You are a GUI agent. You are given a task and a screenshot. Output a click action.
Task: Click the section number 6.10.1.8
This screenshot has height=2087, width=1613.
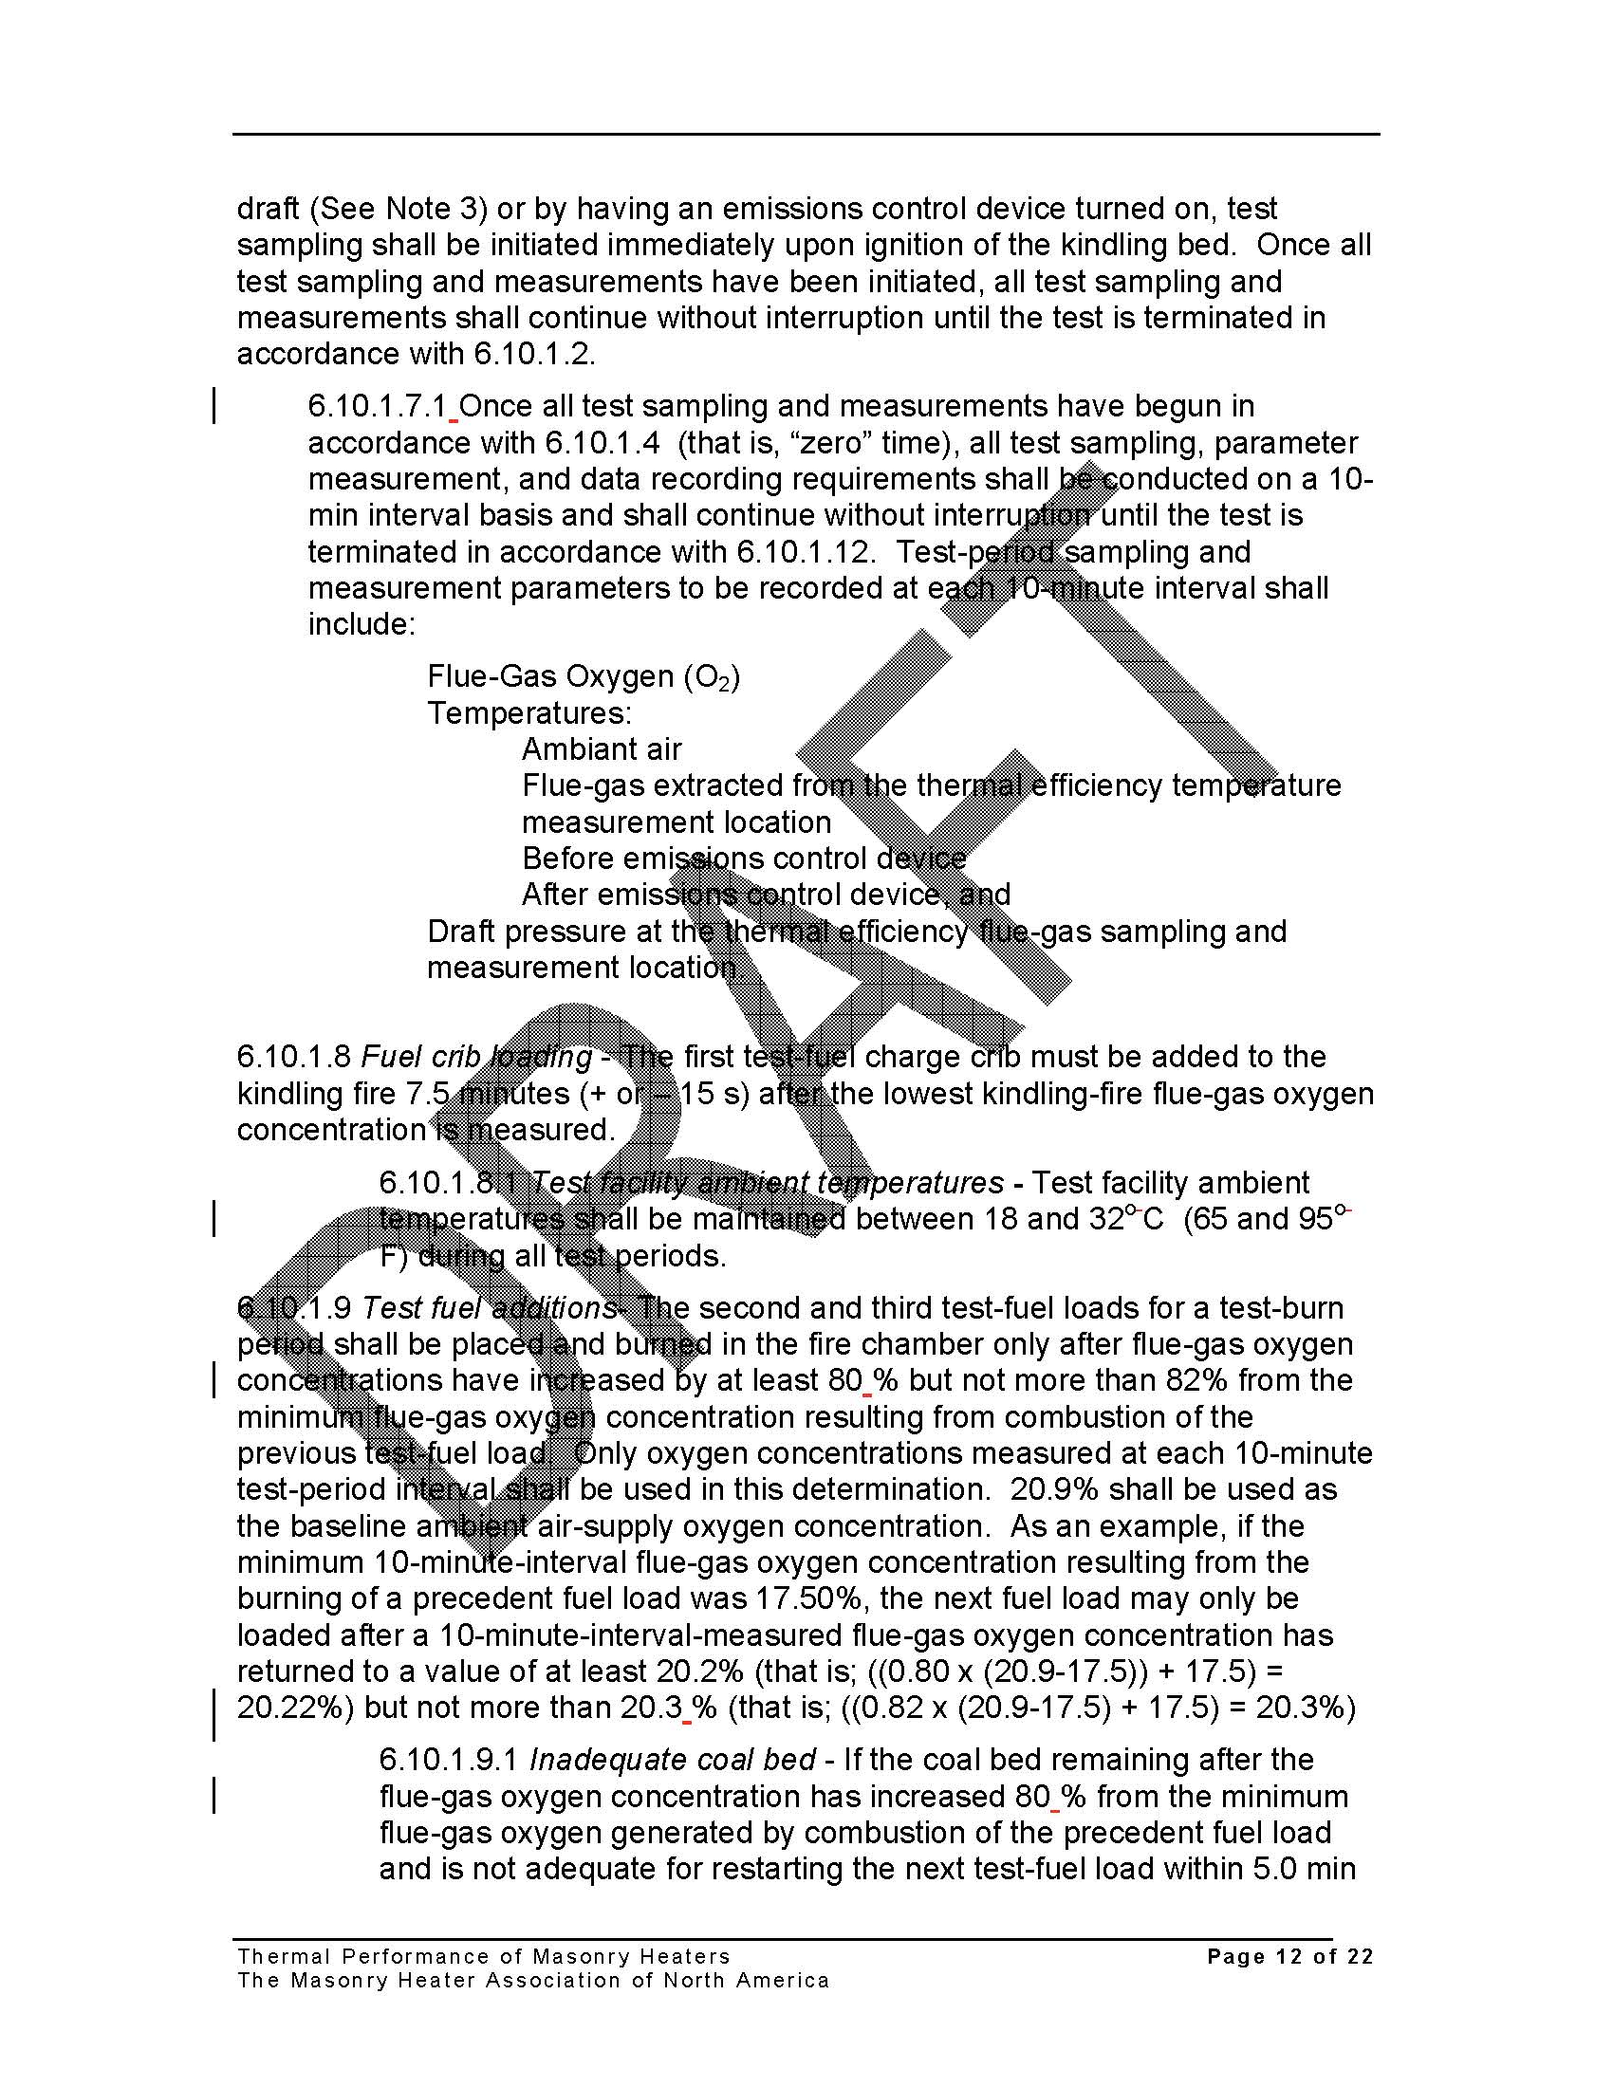click(293, 1057)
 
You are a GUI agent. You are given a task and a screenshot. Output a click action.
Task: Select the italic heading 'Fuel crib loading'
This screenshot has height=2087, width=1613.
click(476, 1057)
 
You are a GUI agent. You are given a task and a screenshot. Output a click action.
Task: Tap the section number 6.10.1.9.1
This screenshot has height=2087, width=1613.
click(449, 1759)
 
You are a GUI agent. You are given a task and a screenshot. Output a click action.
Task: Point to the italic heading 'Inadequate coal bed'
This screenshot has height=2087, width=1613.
click(673, 1759)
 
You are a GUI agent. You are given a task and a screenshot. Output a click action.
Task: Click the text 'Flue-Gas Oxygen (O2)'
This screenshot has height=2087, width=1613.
click(583, 676)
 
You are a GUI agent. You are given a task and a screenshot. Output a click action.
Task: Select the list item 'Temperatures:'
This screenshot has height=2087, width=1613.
click(528, 712)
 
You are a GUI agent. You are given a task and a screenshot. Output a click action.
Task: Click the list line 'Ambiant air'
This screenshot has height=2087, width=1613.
click(601, 749)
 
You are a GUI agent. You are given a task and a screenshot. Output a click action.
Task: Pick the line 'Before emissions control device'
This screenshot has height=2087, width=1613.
click(744, 859)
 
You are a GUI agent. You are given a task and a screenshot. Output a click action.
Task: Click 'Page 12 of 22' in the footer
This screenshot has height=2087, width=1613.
click(1290, 1956)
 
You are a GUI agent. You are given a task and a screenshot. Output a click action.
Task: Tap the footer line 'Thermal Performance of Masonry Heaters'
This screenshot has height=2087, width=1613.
click(484, 1956)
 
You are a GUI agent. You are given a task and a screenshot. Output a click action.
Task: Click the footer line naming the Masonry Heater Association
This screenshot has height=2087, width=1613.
click(533, 1980)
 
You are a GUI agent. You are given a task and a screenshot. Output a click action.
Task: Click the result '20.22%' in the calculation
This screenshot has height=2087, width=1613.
click(295, 1708)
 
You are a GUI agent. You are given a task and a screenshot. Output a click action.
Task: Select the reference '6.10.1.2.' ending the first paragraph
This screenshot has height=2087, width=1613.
click(534, 354)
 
